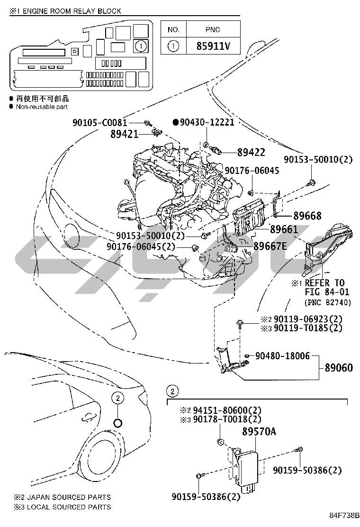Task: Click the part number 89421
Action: pyautogui.click(x=125, y=134)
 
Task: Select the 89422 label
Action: pyautogui.click(x=251, y=152)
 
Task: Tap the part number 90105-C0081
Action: pyautogui.click(x=100, y=123)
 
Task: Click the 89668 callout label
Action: pyautogui.click(x=304, y=216)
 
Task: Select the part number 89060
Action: pyautogui.click(x=339, y=367)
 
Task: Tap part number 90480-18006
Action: pyautogui.click(x=283, y=355)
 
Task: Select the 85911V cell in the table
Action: pyautogui.click(x=213, y=46)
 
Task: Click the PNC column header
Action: pyautogui.click(x=213, y=29)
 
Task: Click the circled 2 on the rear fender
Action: pyautogui.click(x=117, y=398)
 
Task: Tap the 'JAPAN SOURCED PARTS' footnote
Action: pyautogui.click(x=66, y=497)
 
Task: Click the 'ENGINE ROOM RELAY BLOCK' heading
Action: pyautogui.click(x=69, y=11)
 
